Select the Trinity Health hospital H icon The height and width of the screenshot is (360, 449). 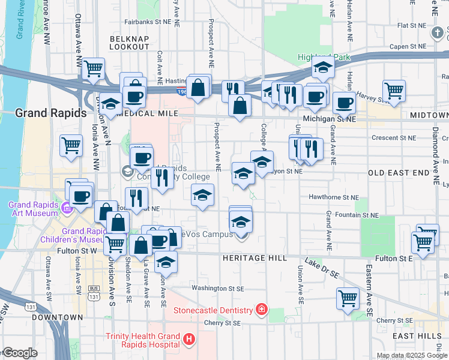pos(190,340)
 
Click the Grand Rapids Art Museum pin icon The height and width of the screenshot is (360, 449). pos(67,209)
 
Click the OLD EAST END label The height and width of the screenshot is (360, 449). pos(399,173)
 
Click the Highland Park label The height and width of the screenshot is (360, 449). pos(323,58)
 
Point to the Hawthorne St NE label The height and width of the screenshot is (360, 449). pos(334,197)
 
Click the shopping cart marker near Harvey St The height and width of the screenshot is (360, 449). pos(394,91)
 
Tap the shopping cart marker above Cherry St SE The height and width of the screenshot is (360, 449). pos(348,298)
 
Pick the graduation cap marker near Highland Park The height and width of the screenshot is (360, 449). pos(323,69)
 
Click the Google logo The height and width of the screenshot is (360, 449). pos(19,353)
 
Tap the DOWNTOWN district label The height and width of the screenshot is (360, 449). pos(57,317)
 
